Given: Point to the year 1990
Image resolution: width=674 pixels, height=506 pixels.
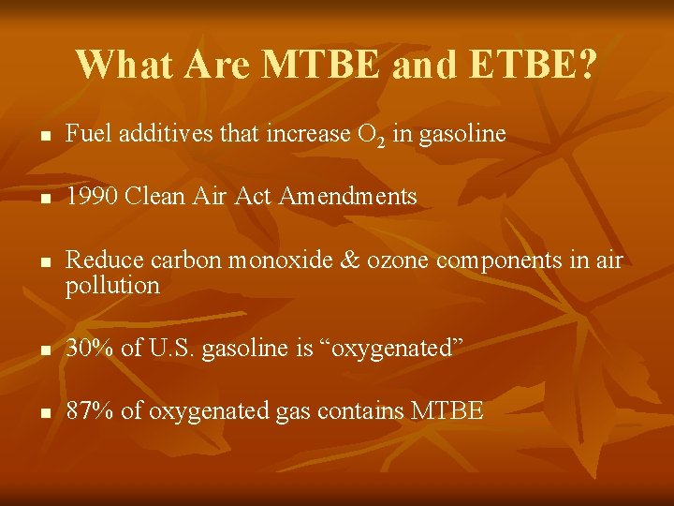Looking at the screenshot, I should tap(92, 196).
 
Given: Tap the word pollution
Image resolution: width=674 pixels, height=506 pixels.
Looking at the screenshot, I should tap(112, 286).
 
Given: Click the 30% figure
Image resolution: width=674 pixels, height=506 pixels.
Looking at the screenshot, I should tap(89, 349).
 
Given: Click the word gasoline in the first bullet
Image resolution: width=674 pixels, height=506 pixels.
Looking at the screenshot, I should tap(462, 135).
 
